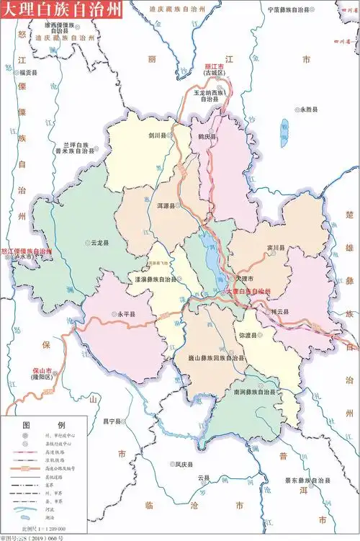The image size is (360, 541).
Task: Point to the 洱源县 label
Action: [x=166, y=205]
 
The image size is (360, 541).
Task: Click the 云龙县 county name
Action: [x=99, y=243]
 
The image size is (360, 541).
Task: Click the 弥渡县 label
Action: [x=248, y=336]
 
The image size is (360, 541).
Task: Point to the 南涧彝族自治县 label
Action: [x=254, y=392]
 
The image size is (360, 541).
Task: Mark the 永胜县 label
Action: [x=308, y=109]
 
